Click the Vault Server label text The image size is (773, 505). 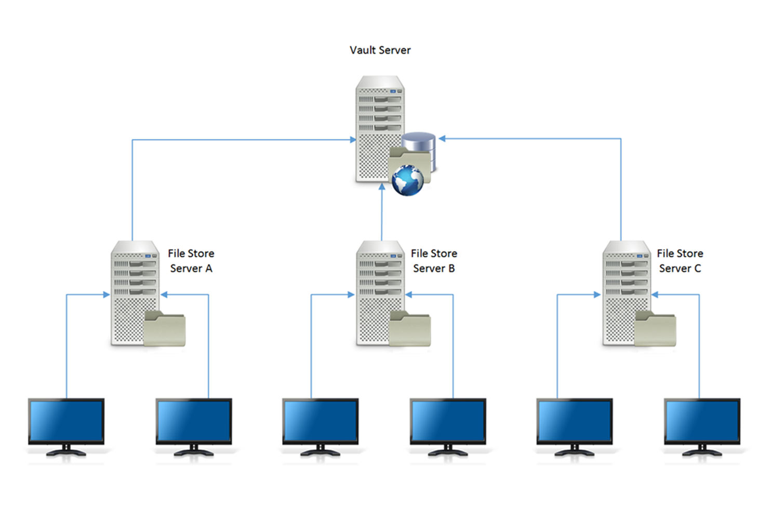[x=380, y=50]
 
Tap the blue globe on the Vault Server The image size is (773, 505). [x=408, y=180]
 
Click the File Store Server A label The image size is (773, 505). [x=191, y=261]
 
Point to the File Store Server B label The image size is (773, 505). [x=434, y=261]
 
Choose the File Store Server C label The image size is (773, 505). [x=679, y=261]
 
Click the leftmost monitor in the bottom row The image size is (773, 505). [x=66, y=422]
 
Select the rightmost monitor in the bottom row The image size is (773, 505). [x=702, y=422]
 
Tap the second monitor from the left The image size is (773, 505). [x=194, y=422]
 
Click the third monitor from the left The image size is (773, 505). [x=320, y=422]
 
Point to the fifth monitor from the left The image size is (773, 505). [x=574, y=422]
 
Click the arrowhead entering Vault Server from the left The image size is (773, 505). [x=353, y=140]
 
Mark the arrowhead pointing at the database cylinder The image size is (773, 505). [x=442, y=139]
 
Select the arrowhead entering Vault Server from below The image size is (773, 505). [x=382, y=187]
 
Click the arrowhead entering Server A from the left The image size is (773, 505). [x=106, y=295]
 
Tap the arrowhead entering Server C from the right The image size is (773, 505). [x=655, y=295]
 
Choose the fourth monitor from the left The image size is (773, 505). [x=448, y=422]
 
